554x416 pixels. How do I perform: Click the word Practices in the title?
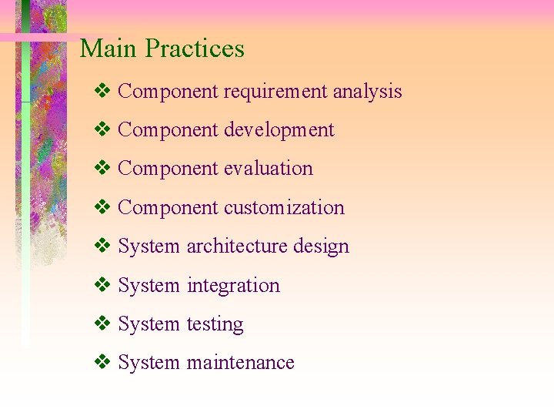[195, 49]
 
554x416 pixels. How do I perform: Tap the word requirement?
[275, 92]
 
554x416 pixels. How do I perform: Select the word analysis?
[367, 92]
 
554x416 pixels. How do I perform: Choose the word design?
[321, 247]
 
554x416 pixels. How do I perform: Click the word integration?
[233, 286]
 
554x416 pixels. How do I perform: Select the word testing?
[215, 324]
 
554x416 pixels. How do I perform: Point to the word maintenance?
[240, 363]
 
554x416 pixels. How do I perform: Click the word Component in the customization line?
[168, 208]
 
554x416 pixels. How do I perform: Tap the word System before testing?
[149, 324]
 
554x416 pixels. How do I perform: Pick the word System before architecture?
[149, 247]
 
